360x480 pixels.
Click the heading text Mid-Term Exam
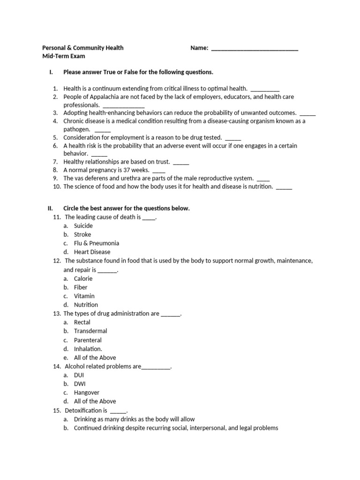click(64, 56)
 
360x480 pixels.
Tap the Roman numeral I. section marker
click(51, 72)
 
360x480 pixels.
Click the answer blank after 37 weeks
click(159, 170)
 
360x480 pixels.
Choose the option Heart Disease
click(92, 252)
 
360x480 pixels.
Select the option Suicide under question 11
click(83, 225)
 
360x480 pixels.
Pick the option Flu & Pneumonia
click(97, 243)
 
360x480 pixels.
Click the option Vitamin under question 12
click(84, 296)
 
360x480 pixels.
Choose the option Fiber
click(81, 287)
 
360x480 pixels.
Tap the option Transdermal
click(90, 331)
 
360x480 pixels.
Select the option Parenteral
click(88, 340)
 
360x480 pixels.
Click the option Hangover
click(87, 392)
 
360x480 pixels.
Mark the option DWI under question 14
click(80, 383)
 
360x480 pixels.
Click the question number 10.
click(57, 187)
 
